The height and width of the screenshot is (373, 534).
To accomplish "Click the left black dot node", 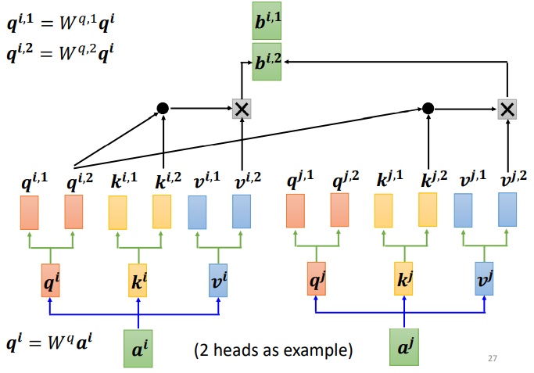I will pos(163,108).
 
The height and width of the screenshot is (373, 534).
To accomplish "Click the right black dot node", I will pos(428,108).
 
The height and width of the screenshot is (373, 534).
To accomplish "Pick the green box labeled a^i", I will pos(138,348).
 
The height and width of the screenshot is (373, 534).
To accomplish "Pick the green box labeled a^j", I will pos(404,348).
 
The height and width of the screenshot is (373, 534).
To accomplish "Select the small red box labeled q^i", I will pos(51,280).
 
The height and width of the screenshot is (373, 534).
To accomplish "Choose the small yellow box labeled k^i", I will pos(138,280).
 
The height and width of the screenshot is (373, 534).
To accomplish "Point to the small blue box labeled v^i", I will pos(220,280).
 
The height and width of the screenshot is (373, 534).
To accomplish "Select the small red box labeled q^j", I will pos(316,280).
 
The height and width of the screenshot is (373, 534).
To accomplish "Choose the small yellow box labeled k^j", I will pos(404,280).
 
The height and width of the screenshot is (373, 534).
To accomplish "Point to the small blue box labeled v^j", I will pos(486,280).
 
